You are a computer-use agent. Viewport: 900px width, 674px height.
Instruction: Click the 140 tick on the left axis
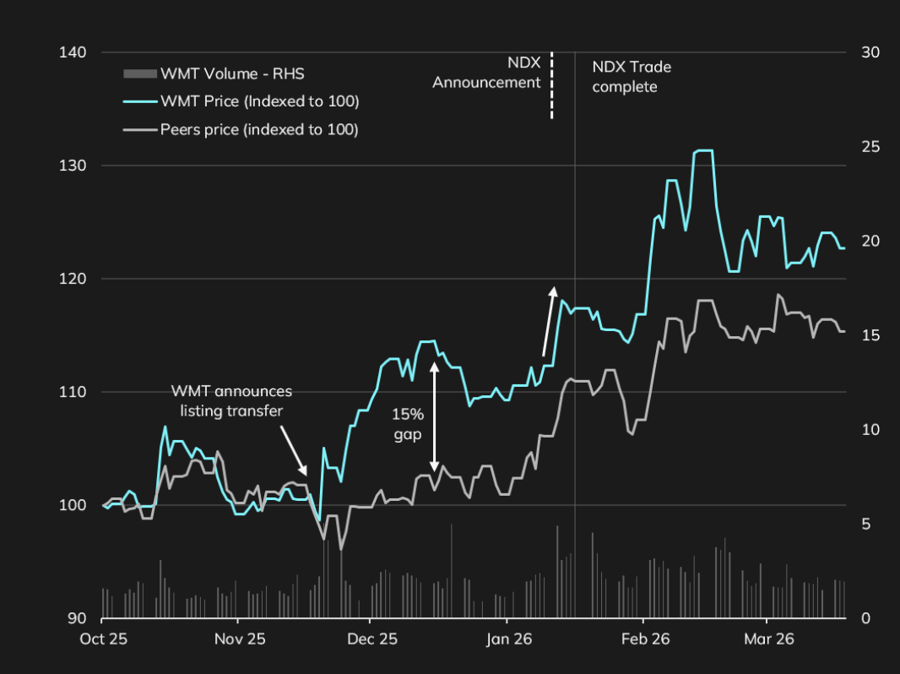click(x=73, y=52)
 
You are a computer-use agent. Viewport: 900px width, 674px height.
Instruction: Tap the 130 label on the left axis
click(x=73, y=166)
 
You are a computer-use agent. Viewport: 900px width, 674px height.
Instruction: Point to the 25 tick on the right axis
click(x=870, y=147)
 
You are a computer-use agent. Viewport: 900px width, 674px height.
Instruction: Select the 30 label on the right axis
click(x=870, y=52)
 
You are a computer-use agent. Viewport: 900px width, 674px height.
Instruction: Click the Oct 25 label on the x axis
click(x=103, y=639)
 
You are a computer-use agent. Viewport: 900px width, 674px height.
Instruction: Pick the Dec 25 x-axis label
click(x=372, y=639)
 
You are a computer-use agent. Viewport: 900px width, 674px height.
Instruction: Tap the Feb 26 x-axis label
click(x=645, y=639)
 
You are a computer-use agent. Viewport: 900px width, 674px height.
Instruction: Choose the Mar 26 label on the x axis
click(x=769, y=639)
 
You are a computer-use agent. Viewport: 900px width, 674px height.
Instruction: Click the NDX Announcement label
click(x=487, y=73)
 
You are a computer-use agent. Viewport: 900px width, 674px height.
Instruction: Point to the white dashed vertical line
click(x=551, y=84)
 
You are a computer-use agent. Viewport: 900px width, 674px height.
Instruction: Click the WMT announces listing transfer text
click(x=231, y=400)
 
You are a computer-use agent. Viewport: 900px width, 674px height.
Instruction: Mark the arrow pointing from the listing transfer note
click(x=292, y=449)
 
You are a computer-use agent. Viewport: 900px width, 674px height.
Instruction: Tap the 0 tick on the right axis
click(x=865, y=618)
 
